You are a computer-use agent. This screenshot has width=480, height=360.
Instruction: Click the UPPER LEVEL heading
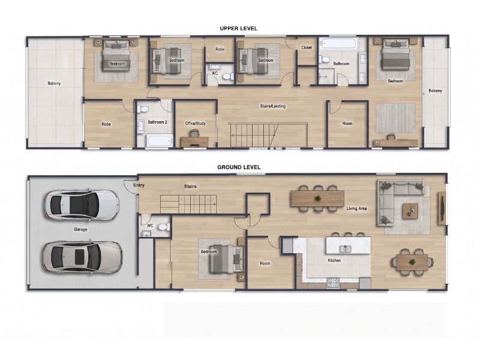click(x=238, y=28)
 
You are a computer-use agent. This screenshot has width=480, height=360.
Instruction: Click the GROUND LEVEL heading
click(x=239, y=167)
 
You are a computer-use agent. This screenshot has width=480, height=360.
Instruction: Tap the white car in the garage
click(x=82, y=205)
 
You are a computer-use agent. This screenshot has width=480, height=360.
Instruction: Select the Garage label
click(x=80, y=229)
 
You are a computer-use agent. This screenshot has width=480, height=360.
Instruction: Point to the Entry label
click(x=139, y=185)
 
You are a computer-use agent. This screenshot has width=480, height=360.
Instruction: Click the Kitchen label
click(x=334, y=260)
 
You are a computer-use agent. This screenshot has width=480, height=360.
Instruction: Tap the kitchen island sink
click(x=345, y=249)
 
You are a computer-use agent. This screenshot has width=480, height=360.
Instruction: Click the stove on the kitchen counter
click(x=333, y=283)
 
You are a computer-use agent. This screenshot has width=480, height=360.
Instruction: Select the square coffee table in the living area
click(x=410, y=211)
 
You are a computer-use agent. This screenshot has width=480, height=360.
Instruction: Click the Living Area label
click(x=356, y=208)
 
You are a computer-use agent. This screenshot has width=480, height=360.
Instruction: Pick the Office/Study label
click(x=196, y=124)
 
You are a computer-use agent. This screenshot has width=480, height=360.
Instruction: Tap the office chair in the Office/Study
click(x=194, y=133)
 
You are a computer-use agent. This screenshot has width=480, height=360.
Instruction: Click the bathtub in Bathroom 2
click(x=160, y=141)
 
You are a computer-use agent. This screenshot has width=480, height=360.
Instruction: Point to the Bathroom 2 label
click(x=157, y=122)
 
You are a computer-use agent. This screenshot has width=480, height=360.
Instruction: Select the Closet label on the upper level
click(x=307, y=47)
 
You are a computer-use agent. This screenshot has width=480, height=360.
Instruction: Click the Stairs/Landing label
click(x=273, y=106)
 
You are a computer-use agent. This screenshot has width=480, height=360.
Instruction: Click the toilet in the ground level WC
click(x=164, y=227)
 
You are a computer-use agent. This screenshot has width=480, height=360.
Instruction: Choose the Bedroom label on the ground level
click(x=209, y=251)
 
